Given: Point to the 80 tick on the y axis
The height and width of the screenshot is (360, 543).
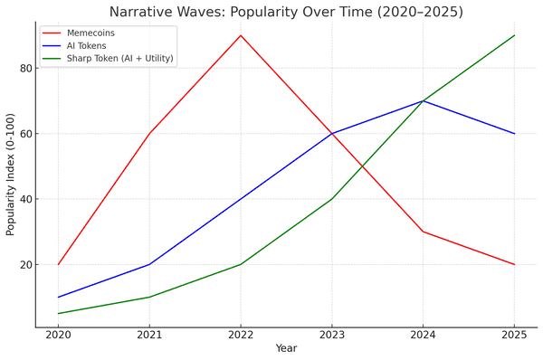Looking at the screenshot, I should (x=25, y=69).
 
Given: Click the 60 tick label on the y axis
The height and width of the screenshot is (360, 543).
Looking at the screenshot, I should (x=25, y=134).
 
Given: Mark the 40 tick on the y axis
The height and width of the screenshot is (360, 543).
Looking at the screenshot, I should (x=25, y=199).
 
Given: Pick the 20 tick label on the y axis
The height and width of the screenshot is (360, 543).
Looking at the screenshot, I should (x=25, y=265).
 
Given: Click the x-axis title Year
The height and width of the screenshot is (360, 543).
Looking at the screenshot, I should (x=286, y=347).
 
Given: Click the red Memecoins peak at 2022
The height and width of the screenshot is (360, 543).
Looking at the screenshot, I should (x=241, y=35).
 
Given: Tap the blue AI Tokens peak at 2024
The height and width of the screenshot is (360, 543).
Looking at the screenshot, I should (x=423, y=100).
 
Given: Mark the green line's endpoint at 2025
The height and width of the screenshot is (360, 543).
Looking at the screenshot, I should (x=514, y=35).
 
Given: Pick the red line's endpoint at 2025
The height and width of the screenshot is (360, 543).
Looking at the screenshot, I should (x=514, y=264).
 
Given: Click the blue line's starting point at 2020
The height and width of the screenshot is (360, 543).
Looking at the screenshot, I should (x=58, y=297).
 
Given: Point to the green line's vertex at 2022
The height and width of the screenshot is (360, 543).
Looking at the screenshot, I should (x=241, y=264).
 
